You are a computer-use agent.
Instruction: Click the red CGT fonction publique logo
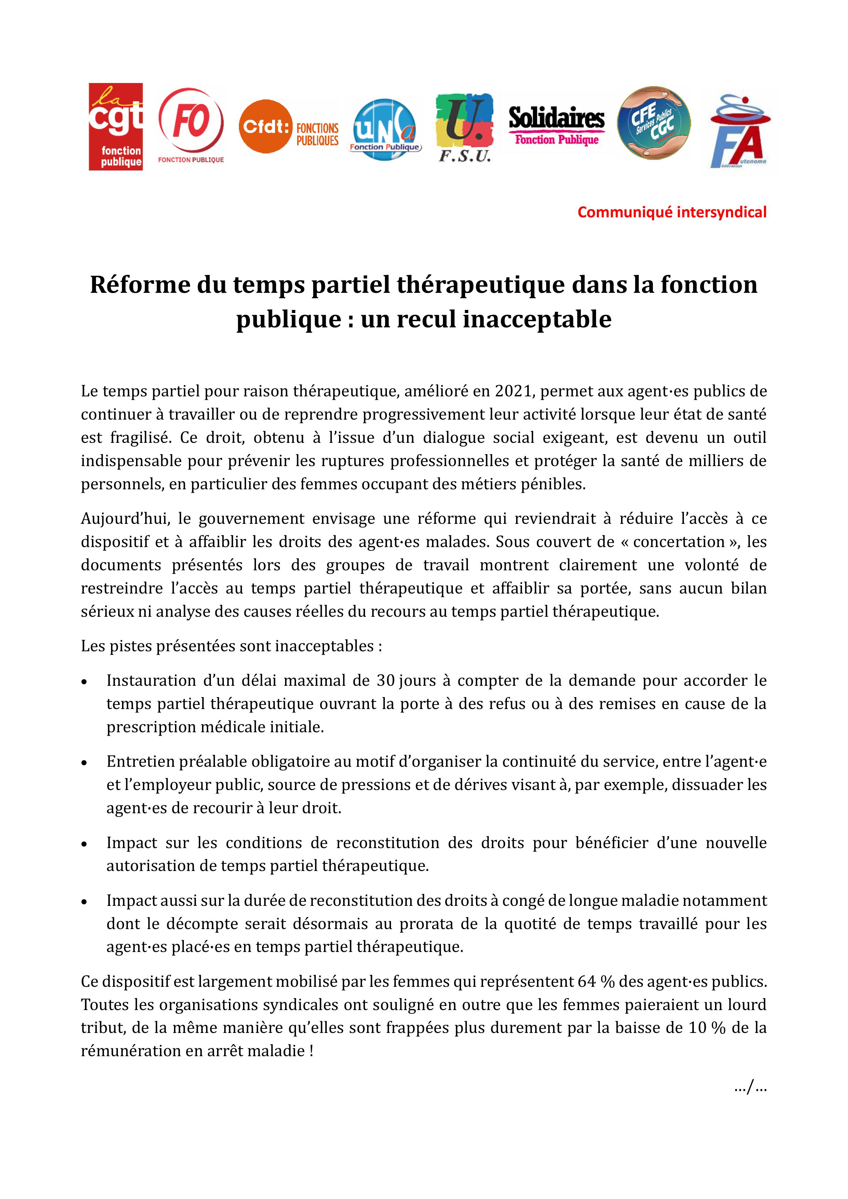coord(116,126)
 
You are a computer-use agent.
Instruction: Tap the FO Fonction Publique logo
coord(191,125)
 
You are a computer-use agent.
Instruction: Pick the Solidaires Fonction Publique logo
coord(556,126)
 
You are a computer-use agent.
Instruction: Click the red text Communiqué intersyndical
coord(672,212)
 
